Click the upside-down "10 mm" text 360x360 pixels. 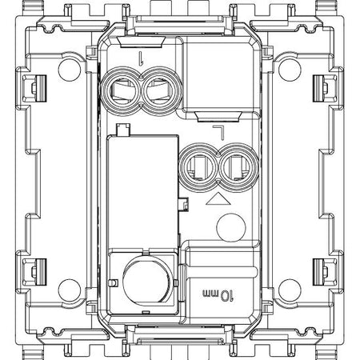(218, 294)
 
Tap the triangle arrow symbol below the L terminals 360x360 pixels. (218, 200)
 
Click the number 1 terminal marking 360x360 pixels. (141, 58)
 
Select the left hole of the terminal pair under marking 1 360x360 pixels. (122, 91)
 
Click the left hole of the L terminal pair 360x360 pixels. (198, 168)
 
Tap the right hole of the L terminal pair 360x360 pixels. (238, 168)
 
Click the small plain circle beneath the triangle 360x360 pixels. (231, 227)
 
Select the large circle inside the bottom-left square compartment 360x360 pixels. (146, 282)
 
